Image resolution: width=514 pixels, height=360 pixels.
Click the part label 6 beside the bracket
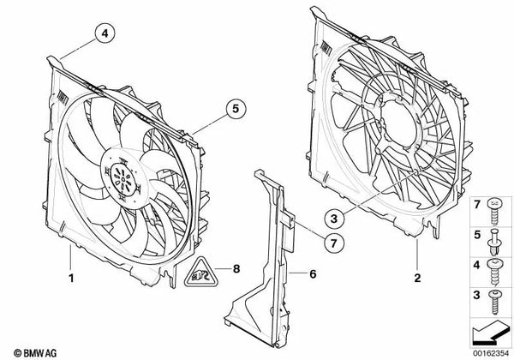click(314, 275)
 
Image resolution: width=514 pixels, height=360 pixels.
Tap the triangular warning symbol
click(200, 273)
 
